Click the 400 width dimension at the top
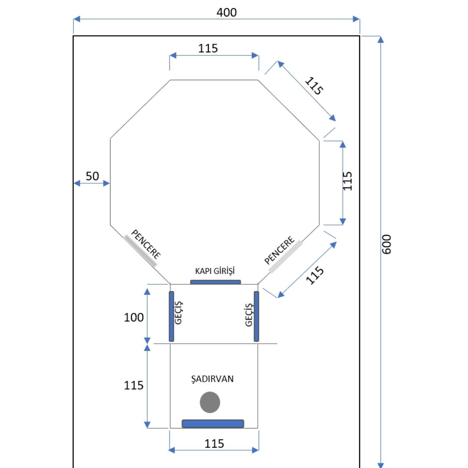pos(227,13)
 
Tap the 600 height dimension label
pos(387,244)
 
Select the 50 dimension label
pos(92,176)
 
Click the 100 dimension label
pos(134,317)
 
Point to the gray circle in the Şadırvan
pos(210,402)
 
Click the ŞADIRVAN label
pos(212,379)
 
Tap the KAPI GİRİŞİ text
pos(215,271)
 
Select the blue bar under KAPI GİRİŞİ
pos(215,282)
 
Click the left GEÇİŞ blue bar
pos(171,316)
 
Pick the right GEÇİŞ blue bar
pos(257,316)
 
